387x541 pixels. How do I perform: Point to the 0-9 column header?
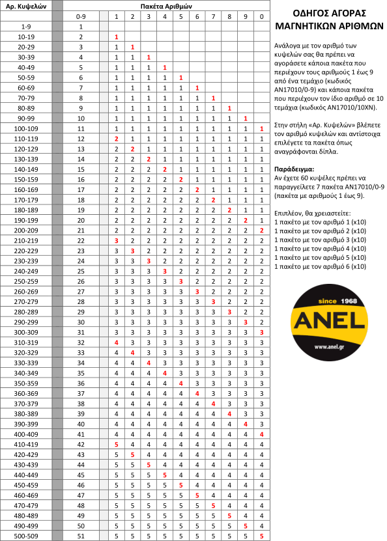(81, 15)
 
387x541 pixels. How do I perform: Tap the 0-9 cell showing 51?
(81, 535)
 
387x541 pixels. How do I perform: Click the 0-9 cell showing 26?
(81, 281)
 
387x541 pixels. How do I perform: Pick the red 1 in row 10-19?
(116, 38)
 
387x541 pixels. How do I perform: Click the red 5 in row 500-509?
(261, 535)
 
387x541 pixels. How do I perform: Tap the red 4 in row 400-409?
(261, 434)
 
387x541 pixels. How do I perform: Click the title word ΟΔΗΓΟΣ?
(303, 12)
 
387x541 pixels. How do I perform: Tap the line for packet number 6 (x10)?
(320, 266)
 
